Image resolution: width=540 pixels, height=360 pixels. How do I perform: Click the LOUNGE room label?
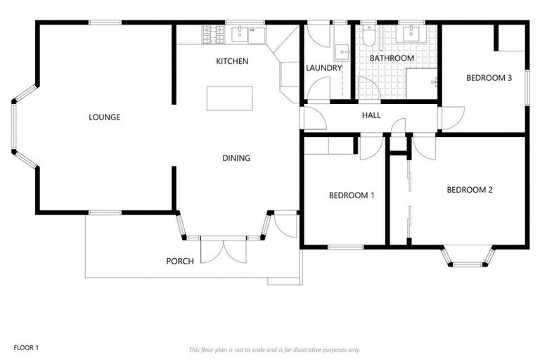click(x=104, y=117)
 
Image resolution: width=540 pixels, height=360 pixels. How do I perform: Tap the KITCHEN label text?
click(x=231, y=62)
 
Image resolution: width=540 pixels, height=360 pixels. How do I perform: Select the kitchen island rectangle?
click(x=229, y=98)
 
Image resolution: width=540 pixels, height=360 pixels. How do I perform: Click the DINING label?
click(x=236, y=158)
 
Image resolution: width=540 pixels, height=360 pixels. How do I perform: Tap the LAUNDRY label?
click(x=323, y=68)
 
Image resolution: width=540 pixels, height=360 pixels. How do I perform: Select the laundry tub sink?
click(x=342, y=51)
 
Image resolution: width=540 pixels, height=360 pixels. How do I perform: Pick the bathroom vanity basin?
click(x=409, y=32)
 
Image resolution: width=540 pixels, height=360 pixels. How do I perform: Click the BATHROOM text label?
click(x=392, y=58)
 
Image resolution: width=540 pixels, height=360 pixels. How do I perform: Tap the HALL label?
click(x=371, y=115)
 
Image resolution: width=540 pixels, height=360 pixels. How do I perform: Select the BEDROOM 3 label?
click(x=489, y=78)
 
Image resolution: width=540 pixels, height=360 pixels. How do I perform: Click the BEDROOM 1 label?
click(x=352, y=195)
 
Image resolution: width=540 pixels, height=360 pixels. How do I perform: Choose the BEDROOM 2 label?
click(x=470, y=190)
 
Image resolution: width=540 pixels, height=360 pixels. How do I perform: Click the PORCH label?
click(x=179, y=262)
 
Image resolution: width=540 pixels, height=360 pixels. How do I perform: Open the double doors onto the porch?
click(x=223, y=251)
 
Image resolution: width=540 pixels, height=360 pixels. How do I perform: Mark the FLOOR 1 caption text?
click(x=26, y=347)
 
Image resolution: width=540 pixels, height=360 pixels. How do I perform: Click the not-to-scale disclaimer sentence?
click(x=274, y=349)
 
